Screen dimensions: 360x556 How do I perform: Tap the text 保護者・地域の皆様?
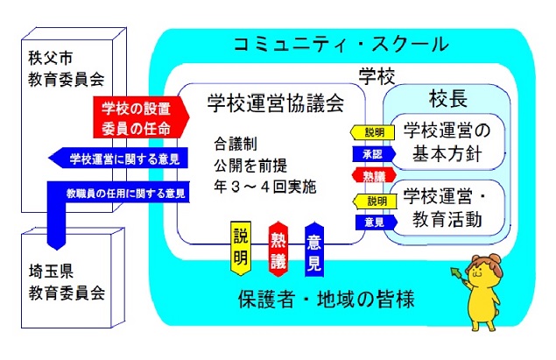tap(338, 299)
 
